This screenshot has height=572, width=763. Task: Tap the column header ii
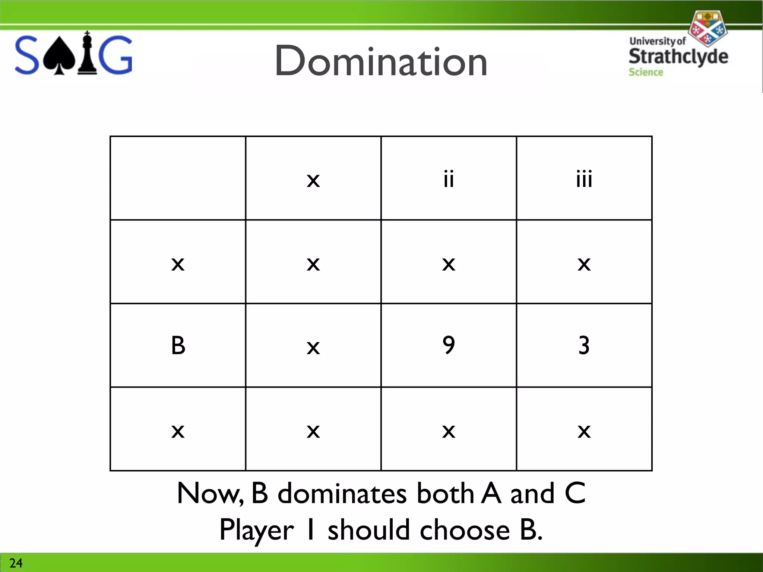449,179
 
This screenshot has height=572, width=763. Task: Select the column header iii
584,179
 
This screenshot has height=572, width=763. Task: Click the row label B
178,345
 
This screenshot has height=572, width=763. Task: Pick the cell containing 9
449,345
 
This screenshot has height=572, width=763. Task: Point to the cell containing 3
584,345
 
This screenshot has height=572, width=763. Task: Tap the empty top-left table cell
178,178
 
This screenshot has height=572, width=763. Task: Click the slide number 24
16,563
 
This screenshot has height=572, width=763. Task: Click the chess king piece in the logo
87,54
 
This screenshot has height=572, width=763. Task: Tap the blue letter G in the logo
116,55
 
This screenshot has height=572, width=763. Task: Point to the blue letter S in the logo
27,55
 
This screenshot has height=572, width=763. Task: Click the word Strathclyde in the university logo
678,57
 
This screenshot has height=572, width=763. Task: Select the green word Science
646,72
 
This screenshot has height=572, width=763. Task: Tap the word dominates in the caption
342,493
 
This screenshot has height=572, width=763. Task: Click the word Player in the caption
256,531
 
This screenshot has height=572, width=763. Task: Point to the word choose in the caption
465,530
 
